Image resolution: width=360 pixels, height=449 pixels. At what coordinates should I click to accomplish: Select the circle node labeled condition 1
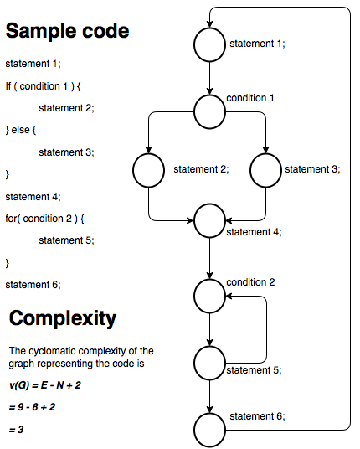(209, 109)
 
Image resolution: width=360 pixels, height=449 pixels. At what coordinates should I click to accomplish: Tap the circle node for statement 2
(148, 172)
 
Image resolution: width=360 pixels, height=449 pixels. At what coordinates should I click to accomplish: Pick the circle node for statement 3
(265, 172)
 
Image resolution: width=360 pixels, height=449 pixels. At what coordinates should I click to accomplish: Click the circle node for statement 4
(209, 222)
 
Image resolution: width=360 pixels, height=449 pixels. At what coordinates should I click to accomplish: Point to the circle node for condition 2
(209, 294)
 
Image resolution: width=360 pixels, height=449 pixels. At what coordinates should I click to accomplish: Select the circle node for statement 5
(209, 363)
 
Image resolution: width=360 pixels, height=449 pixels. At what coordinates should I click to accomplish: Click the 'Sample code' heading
(68, 32)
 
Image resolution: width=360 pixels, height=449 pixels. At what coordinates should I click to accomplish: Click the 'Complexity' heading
(63, 318)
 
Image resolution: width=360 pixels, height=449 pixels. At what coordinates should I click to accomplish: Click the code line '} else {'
(25, 130)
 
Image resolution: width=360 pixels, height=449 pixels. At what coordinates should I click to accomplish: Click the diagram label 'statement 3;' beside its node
(311, 169)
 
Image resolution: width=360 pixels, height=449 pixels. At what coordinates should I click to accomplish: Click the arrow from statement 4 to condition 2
(209, 258)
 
